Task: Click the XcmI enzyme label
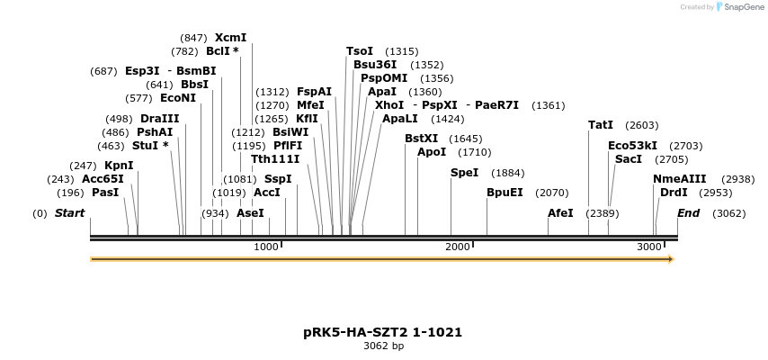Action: point(230,38)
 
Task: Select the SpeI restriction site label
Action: point(464,173)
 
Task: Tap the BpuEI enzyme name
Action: point(505,193)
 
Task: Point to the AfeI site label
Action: point(560,213)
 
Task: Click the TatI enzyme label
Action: point(601,125)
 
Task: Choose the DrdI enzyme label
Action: point(674,193)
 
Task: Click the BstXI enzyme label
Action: point(422,139)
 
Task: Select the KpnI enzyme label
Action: point(119,166)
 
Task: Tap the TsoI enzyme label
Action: point(360,51)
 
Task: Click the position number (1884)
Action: point(507,173)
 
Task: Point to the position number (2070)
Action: point(551,193)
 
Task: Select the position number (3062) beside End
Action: point(728,213)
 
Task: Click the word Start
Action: point(69,213)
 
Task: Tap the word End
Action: point(689,213)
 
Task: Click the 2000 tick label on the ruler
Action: point(458,247)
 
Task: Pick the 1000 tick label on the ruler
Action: point(266,247)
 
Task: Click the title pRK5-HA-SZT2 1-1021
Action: point(383,332)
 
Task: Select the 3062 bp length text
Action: point(383,346)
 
